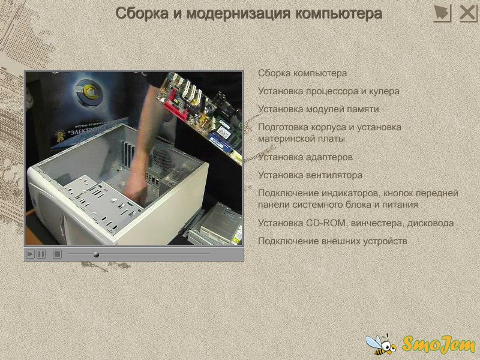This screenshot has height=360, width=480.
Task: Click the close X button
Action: (469, 14)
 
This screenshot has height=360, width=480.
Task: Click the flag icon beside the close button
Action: (442, 14)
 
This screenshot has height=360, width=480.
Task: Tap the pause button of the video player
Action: (41, 254)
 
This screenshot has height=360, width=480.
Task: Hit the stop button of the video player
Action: (57, 254)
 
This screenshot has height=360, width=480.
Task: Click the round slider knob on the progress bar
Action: (96, 254)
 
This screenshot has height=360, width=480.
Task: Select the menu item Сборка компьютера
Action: (302, 73)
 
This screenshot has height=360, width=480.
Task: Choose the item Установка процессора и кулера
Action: (328, 91)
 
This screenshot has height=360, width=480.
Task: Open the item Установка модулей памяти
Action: (319, 109)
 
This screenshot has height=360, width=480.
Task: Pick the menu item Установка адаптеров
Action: (305, 157)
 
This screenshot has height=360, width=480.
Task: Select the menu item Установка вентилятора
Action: (310, 175)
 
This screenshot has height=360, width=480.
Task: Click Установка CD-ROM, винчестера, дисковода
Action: (356, 223)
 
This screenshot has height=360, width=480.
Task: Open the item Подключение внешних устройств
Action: (332, 241)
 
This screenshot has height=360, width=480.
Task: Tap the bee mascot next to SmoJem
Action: (381, 344)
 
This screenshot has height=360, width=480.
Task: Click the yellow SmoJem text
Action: (439, 344)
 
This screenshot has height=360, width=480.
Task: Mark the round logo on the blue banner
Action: (88, 92)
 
